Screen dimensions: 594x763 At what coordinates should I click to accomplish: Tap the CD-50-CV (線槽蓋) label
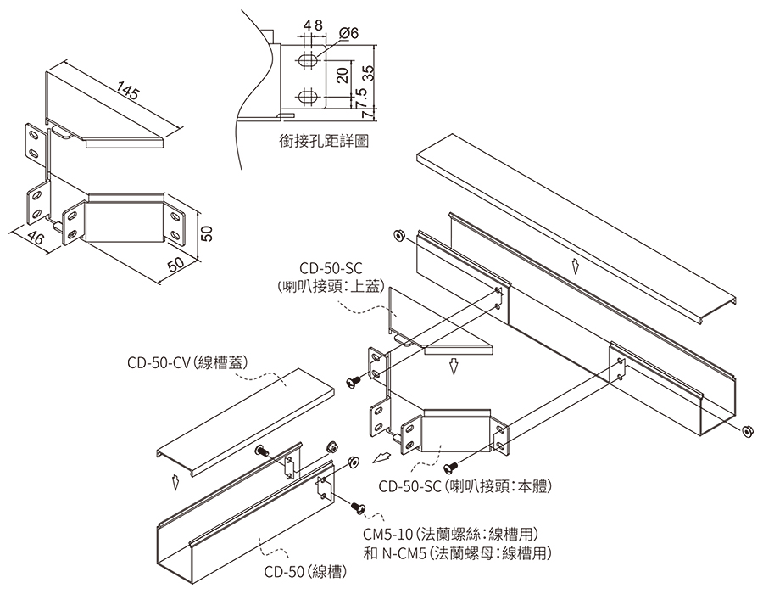[188, 363]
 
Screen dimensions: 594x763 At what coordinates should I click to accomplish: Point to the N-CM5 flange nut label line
[458, 553]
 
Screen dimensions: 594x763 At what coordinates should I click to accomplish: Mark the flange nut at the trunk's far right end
[747, 431]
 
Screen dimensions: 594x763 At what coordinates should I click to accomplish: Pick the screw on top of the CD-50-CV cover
[261, 450]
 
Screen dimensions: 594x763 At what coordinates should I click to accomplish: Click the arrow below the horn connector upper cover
[454, 366]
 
